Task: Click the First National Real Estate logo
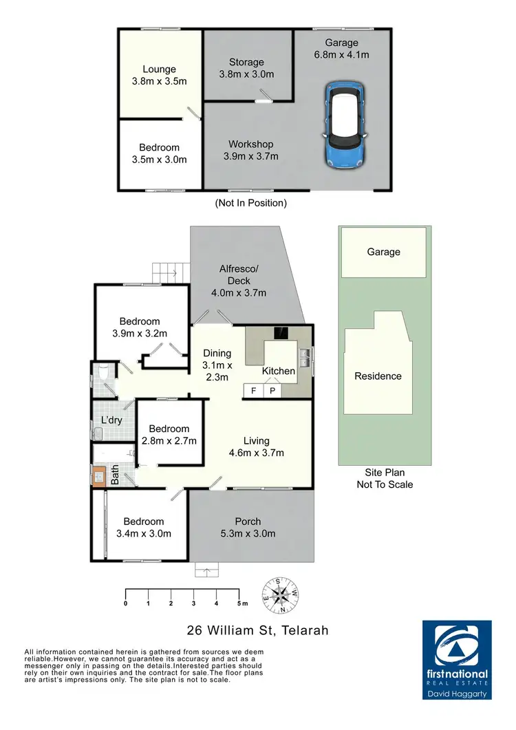(456, 659)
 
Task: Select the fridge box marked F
(252, 391)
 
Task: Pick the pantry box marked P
(272, 391)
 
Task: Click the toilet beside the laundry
(102, 375)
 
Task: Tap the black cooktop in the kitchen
(281, 333)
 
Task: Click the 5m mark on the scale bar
(239, 603)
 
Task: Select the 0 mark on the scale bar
(126, 603)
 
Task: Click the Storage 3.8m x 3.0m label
(246, 68)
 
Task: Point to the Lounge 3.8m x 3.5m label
(159, 74)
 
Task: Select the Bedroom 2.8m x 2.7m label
(169, 434)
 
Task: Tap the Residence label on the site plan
(378, 376)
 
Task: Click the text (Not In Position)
(250, 203)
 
